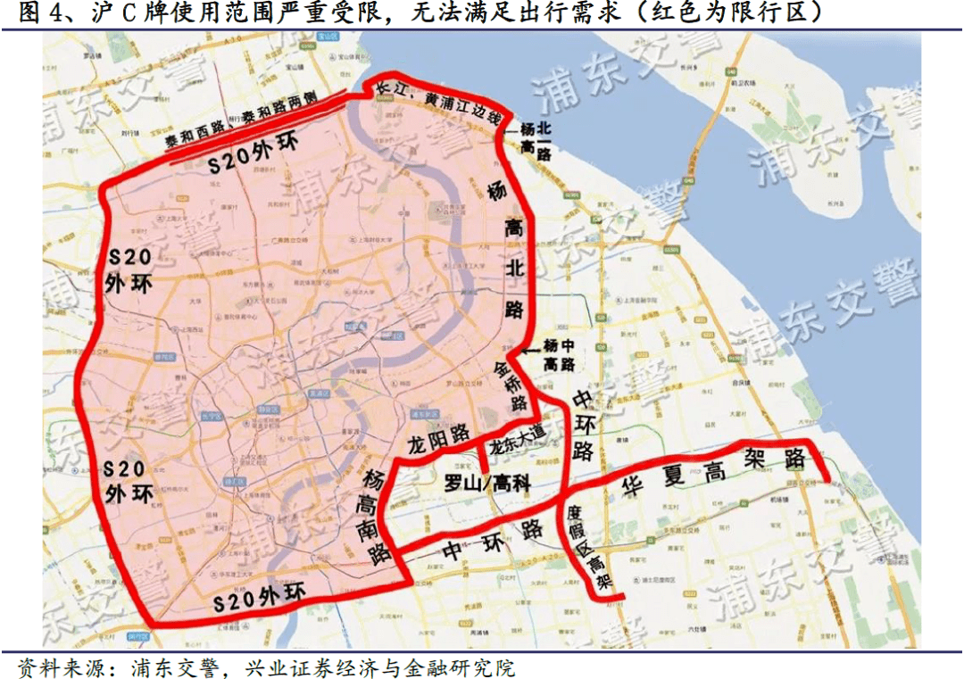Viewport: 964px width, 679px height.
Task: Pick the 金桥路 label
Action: tap(510, 385)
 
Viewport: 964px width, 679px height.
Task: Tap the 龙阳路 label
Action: tap(438, 435)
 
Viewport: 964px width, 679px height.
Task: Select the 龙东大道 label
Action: tap(517, 437)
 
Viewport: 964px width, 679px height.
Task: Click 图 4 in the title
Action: tap(39, 13)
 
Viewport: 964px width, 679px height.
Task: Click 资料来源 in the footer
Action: tap(54, 667)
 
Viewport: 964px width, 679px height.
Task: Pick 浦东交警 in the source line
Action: tap(173, 667)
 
